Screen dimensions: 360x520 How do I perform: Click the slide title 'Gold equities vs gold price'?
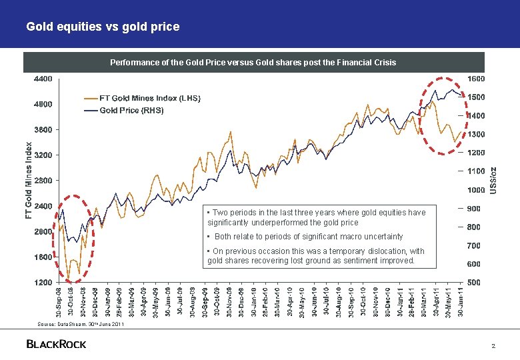[x=103, y=27]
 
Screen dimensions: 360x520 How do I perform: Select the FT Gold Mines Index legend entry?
[x=141, y=98]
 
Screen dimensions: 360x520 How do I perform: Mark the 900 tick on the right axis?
[x=473, y=209]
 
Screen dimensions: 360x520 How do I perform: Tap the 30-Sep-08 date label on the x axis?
[x=59, y=302]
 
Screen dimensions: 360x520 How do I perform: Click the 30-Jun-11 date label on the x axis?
[x=461, y=302]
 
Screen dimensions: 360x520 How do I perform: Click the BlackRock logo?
[x=56, y=344]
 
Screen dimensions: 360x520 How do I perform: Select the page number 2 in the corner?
[x=493, y=346]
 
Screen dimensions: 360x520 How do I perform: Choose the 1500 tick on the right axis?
[x=475, y=97]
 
